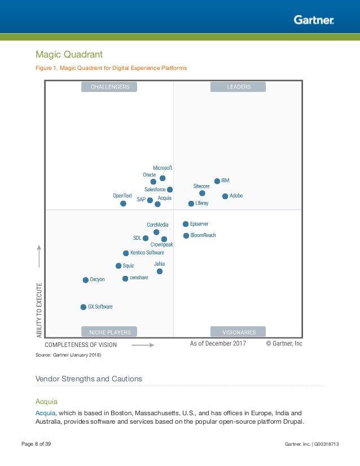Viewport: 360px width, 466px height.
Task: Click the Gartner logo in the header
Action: click(x=314, y=20)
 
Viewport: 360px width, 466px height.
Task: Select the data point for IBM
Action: click(x=217, y=181)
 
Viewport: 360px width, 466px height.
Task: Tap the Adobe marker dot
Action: click(x=225, y=196)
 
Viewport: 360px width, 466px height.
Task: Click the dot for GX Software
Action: click(x=84, y=307)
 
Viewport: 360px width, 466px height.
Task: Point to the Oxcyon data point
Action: click(x=86, y=280)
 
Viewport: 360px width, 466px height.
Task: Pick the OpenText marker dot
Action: click(x=123, y=203)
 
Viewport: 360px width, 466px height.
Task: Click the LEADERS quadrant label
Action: click(x=238, y=87)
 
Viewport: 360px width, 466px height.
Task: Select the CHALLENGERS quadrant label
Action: click(x=110, y=87)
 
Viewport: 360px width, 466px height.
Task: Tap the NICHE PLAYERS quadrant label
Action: click(x=110, y=332)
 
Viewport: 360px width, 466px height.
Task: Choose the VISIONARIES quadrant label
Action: click(x=238, y=332)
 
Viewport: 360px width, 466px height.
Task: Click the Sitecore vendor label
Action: click(x=201, y=186)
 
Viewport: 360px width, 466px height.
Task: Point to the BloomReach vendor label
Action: click(x=203, y=235)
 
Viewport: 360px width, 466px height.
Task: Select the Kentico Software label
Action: click(x=147, y=253)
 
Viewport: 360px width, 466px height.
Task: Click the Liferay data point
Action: click(x=191, y=203)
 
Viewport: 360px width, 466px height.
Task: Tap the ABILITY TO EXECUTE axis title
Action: click(x=39, y=310)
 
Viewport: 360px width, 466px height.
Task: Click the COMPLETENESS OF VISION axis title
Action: click(x=81, y=344)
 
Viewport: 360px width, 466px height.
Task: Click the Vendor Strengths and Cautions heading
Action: click(x=89, y=379)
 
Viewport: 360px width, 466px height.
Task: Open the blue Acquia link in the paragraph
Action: click(x=45, y=412)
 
